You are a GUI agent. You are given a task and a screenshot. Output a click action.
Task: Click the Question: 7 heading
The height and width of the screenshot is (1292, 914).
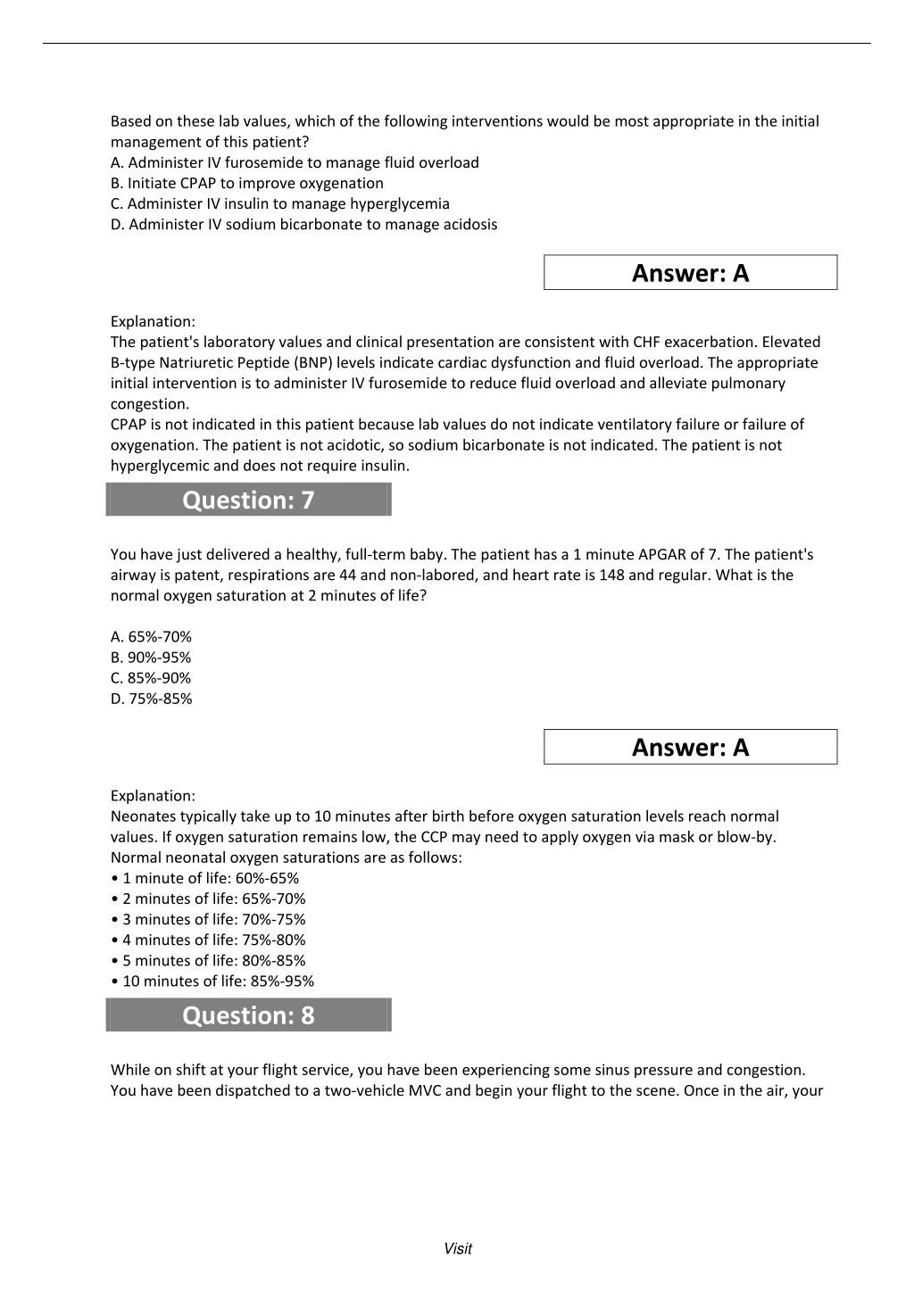click(248, 500)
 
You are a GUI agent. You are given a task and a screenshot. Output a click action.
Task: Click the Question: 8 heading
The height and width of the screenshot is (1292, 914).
click(248, 1015)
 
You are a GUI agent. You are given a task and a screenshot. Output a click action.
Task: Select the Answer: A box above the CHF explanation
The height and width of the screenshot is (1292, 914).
click(690, 273)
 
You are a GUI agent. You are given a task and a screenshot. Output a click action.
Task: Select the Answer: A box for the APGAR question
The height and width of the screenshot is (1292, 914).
click(690, 748)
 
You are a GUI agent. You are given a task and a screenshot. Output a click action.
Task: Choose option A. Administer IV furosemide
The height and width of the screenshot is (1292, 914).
click(295, 162)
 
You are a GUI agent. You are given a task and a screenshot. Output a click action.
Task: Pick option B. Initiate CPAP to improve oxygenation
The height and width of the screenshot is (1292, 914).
click(246, 183)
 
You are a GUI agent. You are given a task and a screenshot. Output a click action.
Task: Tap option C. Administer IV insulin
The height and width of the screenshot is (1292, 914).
click(279, 203)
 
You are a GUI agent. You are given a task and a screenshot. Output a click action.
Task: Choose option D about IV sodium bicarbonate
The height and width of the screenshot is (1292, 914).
click(303, 224)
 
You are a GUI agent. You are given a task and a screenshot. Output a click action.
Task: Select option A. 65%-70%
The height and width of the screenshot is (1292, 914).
click(151, 637)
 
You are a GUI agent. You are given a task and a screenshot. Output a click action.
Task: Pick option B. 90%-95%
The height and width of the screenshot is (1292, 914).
click(151, 658)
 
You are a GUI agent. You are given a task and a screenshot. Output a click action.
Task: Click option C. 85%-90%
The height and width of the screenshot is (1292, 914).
click(151, 678)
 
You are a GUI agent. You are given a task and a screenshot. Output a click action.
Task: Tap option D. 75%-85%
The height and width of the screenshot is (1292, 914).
click(151, 699)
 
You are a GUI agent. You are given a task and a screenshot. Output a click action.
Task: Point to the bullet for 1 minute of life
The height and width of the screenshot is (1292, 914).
click(205, 878)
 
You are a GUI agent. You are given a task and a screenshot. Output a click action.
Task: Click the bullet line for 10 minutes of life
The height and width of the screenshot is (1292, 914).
click(212, 981)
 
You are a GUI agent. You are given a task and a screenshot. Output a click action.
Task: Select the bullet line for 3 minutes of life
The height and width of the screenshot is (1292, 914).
click(209, 919)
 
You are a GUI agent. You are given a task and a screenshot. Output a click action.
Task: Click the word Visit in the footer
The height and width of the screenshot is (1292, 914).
click(457, 1249)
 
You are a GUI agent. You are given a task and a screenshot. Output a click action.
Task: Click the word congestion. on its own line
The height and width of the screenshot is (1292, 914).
click(149, 404)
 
